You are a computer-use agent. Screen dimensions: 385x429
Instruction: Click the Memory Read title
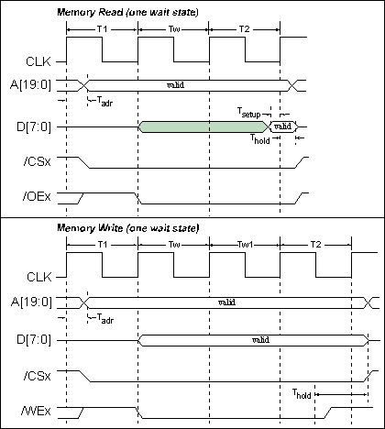click(x=127, y=12)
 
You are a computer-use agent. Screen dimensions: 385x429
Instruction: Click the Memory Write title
click(x=128, y=228)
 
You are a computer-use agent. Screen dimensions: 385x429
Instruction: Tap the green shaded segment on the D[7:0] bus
click(x=203, y=126)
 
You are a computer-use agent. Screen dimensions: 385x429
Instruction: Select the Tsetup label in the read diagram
click(x=249, y=113)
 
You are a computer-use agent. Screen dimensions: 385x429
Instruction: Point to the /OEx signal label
click(x=37, y=196)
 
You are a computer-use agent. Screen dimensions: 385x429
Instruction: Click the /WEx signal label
click(x=36, y=411)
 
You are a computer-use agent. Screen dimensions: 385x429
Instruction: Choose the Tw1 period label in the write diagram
click(x=246, y=245)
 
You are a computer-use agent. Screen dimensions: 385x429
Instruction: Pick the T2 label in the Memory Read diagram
click(x=244, y=29)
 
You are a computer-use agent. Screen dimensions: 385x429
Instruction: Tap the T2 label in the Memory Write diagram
click(x=315, y=245)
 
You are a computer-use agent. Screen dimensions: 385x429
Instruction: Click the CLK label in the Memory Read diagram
click(x=38, y=61)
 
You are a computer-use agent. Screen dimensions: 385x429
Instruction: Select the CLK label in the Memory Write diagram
click(x=39, y=277)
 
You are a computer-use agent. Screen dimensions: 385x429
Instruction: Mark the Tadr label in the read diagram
click(x=104, y=102)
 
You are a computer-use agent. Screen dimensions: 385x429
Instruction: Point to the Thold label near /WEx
click(x=302, y=394)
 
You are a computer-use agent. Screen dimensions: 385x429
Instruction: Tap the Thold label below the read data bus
click(x=260, y=139)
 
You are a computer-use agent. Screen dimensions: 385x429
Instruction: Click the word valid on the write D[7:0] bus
click(x=260, y=340)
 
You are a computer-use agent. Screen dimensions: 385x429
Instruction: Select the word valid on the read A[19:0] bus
click(x=176, y=85)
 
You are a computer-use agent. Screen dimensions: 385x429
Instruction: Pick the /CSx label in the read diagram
click(x=37, y=161)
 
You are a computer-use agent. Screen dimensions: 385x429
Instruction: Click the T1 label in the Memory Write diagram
click(x=103, y=245)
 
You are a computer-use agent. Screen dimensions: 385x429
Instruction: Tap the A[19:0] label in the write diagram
click(x=31, y=302)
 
